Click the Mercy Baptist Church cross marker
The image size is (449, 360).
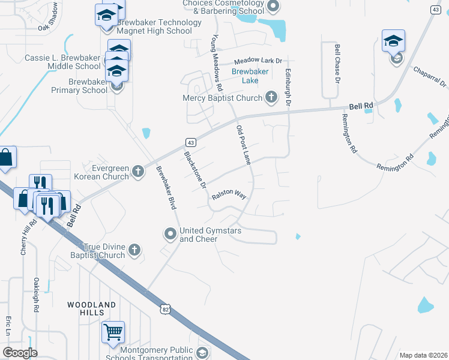tap(271, 97)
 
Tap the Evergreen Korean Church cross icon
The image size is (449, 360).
tap(138, 172)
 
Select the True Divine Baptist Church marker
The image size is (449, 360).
tap(134, 250)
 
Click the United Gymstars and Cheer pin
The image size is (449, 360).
tap(170, 234)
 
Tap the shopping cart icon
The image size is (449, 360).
tap(113, 332)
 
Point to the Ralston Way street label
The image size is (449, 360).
tap(228, 196)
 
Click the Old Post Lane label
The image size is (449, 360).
tap(243, 146)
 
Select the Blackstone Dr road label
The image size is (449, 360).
tap(194, 167)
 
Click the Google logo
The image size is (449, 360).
tap(20, 353)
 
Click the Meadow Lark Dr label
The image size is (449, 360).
tap(258, 61)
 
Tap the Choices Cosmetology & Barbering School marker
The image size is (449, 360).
tap(273, 7)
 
